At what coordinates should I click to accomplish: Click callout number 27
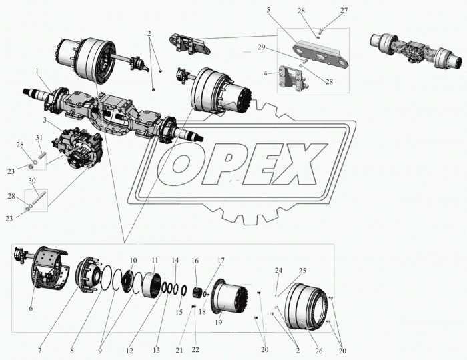click(x=344, y=11)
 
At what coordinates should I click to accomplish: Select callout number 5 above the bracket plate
click(x=268, y=10)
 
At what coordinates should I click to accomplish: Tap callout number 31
click(x=39, y=137)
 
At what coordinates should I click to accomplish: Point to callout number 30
click(x=32, y=181)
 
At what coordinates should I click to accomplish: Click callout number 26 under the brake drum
click(x=319, y=351)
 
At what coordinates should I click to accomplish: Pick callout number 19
click(x=219, y=323)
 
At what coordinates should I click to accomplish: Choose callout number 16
click(x=195, y=261)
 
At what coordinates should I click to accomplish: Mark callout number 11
click(x=155, y=260)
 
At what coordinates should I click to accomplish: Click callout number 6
click(x=31, y=309)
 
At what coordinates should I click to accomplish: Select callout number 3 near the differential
click(x=45, y=120)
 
